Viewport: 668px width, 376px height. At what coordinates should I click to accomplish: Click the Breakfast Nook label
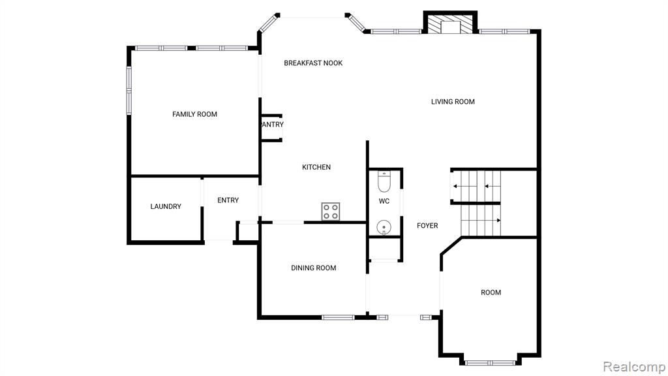[313, 63]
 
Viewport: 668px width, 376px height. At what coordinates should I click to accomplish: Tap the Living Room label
[453, 101]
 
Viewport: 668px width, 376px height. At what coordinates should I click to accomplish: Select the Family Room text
[194, 114]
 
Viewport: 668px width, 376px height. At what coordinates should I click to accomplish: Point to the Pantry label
[272, 125]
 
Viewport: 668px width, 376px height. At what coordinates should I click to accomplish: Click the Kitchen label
[316, 167]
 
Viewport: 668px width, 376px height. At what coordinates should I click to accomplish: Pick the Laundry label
[166, 206]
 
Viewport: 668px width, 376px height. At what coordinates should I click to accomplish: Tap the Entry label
[228, 200]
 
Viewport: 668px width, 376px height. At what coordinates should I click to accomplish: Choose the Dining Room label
[314, 268]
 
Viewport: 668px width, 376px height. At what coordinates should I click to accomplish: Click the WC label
[384, 201]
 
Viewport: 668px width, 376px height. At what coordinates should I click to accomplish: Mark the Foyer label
[427, 225]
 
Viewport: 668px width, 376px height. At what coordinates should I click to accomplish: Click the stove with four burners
[331, 211]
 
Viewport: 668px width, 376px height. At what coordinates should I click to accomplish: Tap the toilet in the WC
[384, 181]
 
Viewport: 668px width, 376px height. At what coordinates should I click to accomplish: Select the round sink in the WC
[384, 227]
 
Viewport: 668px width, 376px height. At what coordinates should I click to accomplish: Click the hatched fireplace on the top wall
[450, 24]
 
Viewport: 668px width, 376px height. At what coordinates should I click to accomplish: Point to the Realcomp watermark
[634, 366]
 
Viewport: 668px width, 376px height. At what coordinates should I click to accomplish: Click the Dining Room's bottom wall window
[338, 317]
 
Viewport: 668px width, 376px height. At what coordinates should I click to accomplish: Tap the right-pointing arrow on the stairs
[481, 221]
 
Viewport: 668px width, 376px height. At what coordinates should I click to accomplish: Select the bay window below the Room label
[491, 363]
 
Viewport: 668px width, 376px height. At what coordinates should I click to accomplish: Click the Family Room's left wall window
[129, 90]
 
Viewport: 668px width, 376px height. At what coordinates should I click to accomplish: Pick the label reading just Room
[491, 292]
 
